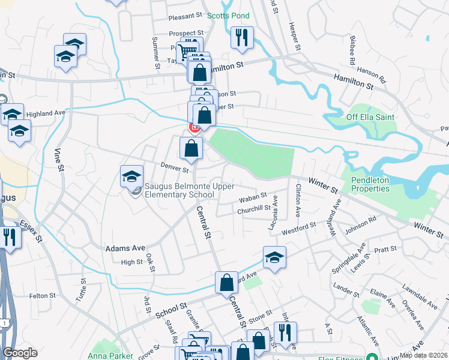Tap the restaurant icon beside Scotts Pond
(242, 37)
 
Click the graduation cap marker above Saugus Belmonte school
(131, 176)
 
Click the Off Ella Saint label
(370, 116)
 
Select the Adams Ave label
(125, 247)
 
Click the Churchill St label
(254, 209)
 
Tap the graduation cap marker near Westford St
(274, 257)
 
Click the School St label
(171, 309)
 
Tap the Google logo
(20, 353)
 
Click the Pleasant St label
(186, 16)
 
